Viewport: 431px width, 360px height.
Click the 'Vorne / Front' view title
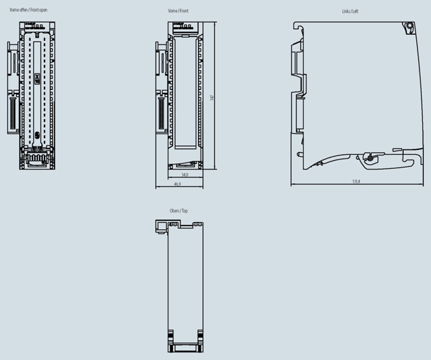point(178,11)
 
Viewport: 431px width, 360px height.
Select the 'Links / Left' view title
point(351,11)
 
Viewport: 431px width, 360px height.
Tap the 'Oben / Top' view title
point(178,211)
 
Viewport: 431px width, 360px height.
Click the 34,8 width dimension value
point(185,174)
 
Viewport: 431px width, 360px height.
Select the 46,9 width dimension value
point(178,183)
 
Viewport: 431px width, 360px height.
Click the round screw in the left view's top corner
point(409,27)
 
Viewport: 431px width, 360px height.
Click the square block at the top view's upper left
point(160,225)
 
